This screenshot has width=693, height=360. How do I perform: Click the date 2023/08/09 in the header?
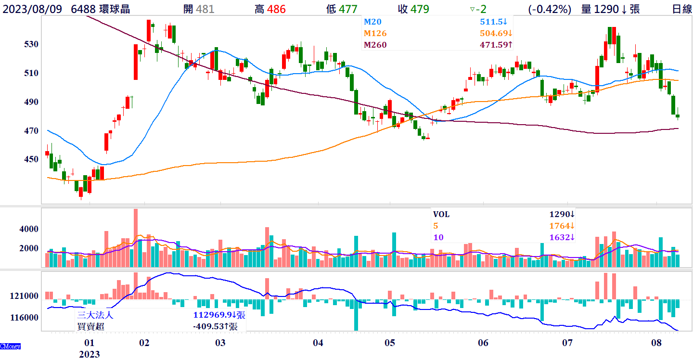(32, 9)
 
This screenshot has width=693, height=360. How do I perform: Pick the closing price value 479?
(420, 9)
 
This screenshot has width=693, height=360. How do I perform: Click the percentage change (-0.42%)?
(550, 9)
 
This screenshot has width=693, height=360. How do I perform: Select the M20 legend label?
(372, 22)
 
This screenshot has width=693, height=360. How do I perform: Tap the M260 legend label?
(375, 45)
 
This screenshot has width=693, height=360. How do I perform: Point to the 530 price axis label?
(31, 44)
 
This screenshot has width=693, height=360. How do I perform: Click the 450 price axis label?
(31, 159)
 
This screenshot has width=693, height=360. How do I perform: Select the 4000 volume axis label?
(29, 229)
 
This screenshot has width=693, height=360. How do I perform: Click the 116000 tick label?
(26, 318)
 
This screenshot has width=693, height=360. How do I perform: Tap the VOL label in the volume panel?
(441, 214)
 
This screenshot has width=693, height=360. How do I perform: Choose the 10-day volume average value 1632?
(560, 237)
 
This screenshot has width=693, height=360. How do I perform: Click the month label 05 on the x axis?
(390, 343)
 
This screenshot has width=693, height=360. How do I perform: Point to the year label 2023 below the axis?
(90, 354)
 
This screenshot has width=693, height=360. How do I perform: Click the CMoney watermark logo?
(10, 347)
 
